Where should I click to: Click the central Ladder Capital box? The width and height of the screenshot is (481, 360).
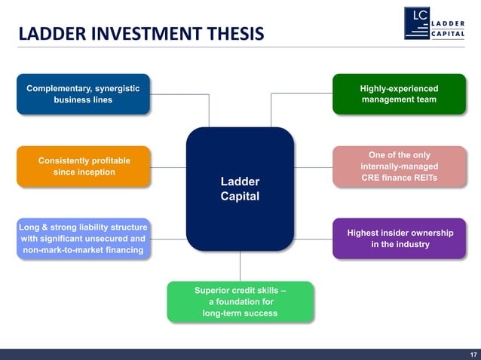coord(240,189)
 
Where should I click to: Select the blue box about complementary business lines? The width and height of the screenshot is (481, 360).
coord(83,94)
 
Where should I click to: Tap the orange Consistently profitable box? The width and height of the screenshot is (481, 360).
coord(83,166)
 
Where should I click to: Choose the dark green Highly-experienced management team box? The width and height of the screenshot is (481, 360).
coord(399,94)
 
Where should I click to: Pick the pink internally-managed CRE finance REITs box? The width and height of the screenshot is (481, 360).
coord(399,166)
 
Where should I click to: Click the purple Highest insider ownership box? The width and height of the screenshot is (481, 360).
coord(399,239)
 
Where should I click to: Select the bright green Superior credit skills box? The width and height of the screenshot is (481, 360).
coord(240,302)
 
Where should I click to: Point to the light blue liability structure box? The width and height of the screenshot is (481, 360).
coord(83,239)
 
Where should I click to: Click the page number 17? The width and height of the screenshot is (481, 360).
coord(473,354)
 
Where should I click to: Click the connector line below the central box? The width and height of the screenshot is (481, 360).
coord(240,266)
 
